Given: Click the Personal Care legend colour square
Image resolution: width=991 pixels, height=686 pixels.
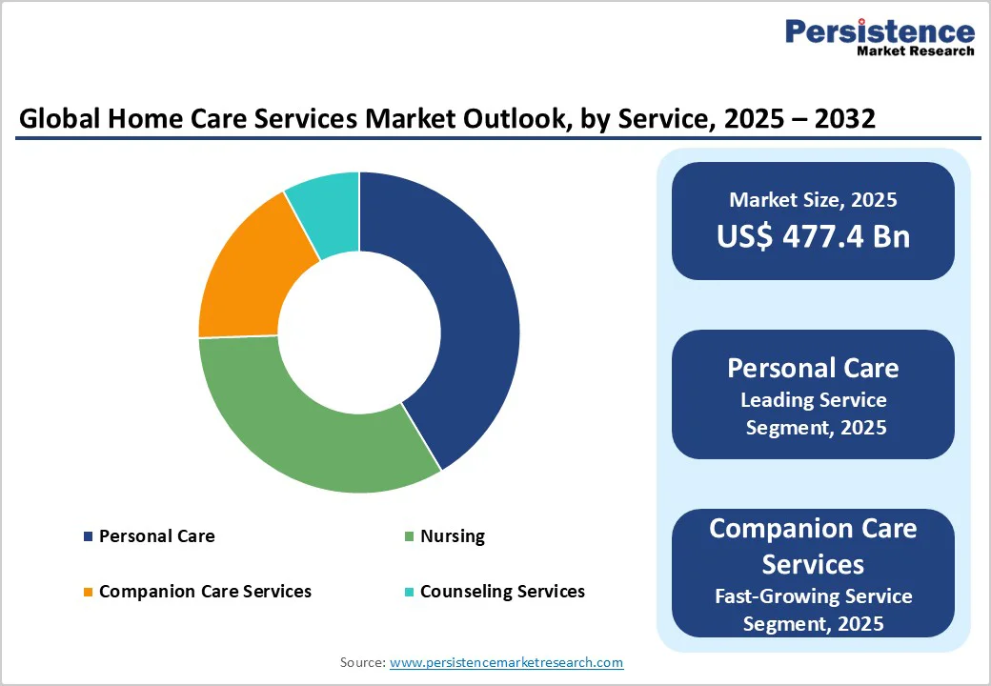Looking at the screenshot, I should pos(89,536).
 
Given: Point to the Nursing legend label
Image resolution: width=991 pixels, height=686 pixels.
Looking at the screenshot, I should pos(453,536).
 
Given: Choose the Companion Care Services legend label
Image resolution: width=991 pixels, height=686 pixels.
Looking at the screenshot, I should pos(205,592).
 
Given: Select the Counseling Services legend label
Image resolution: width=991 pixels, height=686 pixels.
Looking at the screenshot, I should pos(502,592).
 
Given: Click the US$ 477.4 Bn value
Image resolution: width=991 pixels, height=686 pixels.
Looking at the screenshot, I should pos(813,236).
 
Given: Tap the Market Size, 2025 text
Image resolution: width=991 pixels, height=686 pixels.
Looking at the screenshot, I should pos(813,200).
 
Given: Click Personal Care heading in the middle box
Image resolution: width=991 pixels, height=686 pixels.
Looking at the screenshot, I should pos(813,368).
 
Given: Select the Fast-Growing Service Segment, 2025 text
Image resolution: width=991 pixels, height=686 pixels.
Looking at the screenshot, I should pos(813,610).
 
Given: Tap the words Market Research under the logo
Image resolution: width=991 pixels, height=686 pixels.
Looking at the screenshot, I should pos(915,50).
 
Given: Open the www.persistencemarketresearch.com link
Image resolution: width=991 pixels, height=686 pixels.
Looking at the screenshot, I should pos(506,662).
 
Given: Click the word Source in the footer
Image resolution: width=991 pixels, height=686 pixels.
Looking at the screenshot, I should pos(362,662).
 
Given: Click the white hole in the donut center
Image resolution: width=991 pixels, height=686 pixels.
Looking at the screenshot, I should pos(359,333).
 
